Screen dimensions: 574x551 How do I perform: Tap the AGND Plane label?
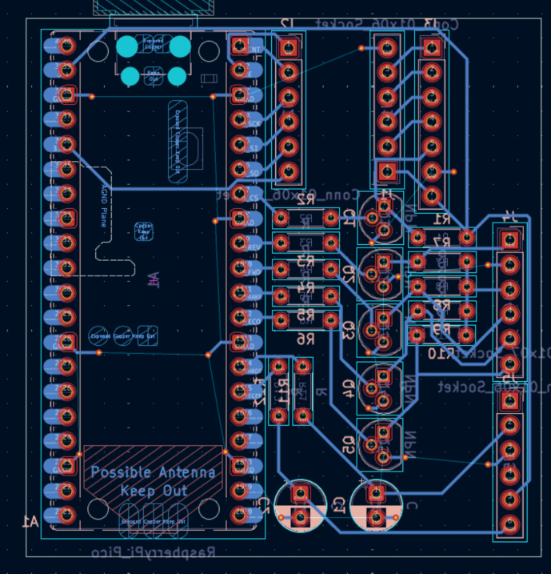(x=105, y=206)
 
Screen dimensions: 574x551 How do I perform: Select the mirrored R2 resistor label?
(x=305, y=201)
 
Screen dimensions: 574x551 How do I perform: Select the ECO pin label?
(x=254, y=321)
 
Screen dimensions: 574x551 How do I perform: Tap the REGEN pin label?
(x=254, y=247)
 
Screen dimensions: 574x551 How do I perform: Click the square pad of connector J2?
(x=289, y=47)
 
